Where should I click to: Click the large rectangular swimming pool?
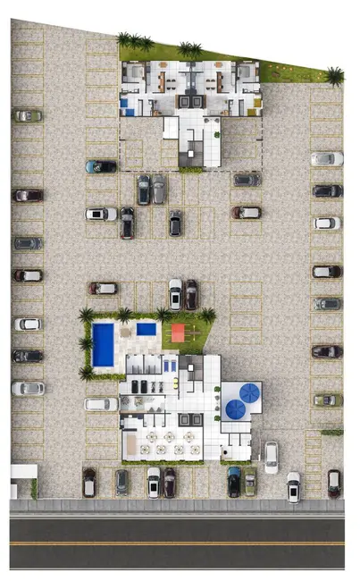(103, 344)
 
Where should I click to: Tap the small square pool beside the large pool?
(147, 329)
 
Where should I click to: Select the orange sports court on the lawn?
(177, 333)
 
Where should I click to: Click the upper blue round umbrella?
(250, 392)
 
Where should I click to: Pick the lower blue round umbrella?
(236, 409)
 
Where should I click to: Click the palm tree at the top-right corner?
(335, 76)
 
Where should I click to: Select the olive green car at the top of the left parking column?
(28, 115)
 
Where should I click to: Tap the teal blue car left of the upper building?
(101, 166)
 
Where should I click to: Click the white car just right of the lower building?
(271, 456)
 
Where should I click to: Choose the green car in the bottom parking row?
(250, 482)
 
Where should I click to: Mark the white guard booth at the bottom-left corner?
(22, 481)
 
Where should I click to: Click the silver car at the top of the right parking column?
(327, 158)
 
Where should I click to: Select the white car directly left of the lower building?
(101, 404)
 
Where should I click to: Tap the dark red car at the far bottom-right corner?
(334, 483)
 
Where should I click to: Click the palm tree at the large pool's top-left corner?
(87, 315)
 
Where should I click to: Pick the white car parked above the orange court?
(175, 293)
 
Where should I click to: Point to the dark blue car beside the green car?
(234, 482)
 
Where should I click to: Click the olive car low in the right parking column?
(327, 400)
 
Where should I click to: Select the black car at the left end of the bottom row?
(89, 482)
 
